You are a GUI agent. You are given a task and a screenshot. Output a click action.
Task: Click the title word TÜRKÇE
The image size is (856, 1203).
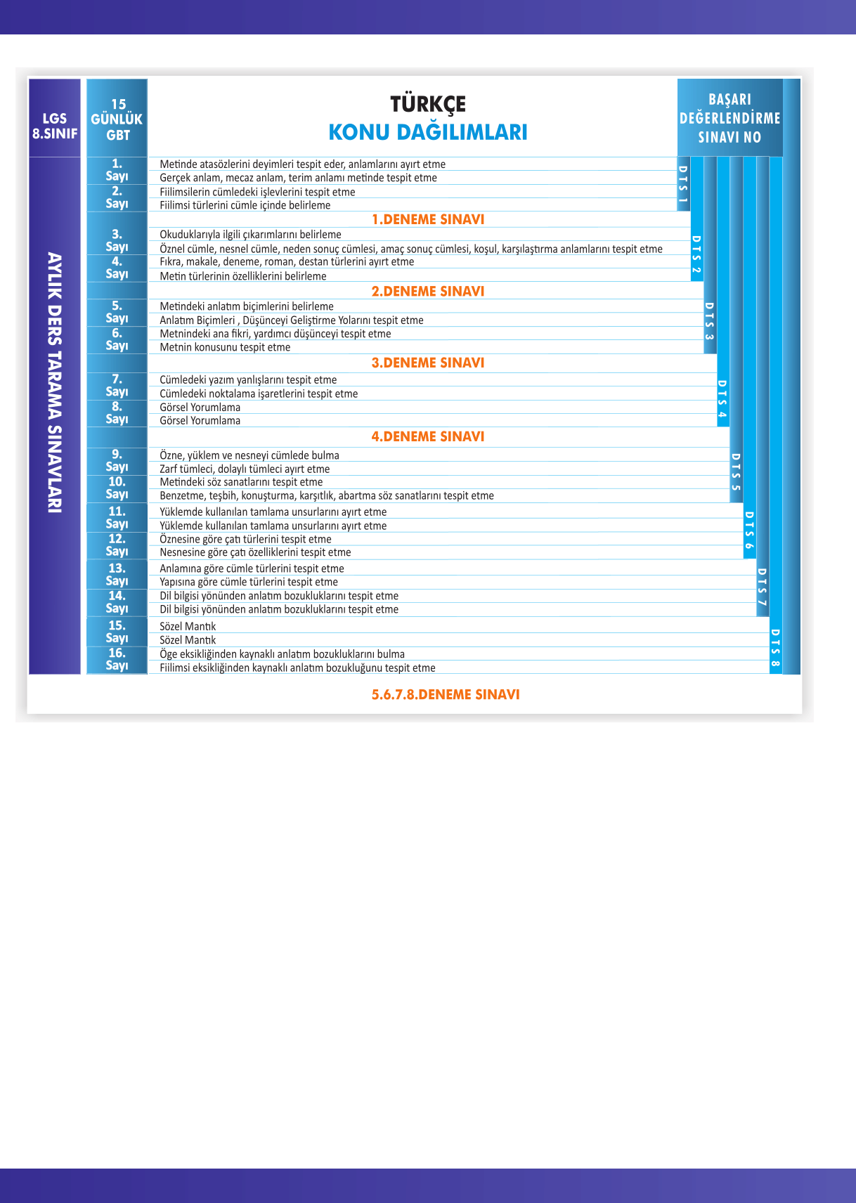point(428,104)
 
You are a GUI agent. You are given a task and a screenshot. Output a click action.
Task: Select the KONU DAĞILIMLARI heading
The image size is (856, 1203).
point(428,132)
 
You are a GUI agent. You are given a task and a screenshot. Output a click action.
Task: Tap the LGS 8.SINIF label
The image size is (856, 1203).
point(55,126)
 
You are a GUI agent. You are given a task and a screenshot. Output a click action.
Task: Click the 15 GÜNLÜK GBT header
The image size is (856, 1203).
point(117,119)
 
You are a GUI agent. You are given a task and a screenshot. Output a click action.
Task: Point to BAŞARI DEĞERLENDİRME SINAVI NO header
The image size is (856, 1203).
point(729,118)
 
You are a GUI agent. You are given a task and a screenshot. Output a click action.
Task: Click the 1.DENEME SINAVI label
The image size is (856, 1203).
point(428,219)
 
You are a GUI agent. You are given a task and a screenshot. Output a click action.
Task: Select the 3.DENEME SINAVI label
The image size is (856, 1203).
point(428,363)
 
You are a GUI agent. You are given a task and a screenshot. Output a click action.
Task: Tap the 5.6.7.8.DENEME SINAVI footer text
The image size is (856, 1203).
point(446,694)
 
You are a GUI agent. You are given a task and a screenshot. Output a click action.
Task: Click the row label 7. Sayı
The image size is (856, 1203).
point(117,385)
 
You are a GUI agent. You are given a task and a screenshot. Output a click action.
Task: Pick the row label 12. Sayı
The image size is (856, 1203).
point(117,545)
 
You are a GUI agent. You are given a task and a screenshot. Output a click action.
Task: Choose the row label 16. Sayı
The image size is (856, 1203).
point(117,659)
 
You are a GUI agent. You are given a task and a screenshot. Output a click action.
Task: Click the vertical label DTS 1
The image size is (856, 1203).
point(682,184)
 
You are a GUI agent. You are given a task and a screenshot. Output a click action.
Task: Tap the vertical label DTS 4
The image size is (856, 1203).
point(722,400)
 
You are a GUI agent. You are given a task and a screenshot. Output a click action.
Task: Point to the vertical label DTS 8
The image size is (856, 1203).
point(775,648)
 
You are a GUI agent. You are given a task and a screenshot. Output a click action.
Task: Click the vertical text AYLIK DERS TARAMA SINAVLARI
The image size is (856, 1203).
point(55,382)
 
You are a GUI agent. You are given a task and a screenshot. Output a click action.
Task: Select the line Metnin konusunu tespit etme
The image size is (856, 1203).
point(225,347)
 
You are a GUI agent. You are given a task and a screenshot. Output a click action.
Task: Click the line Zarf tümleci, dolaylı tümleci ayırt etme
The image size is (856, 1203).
point(245,469)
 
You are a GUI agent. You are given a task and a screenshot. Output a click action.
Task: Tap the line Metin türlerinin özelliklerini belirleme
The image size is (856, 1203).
point(243,276)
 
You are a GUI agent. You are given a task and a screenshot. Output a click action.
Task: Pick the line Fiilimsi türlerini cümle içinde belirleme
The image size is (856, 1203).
point(245,205)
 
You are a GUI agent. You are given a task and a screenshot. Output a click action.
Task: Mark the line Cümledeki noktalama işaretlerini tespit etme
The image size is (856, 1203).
point(259,394)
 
